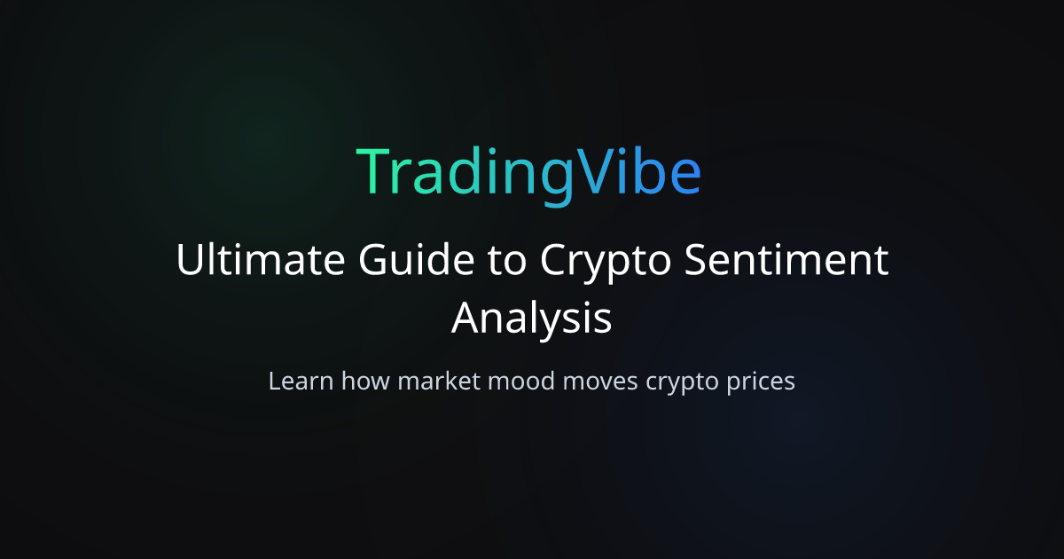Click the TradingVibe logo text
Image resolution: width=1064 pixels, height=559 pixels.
point(529,173)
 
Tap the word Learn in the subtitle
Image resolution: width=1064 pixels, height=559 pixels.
point(301,382)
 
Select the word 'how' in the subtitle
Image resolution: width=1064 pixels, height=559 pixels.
point(365,382)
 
